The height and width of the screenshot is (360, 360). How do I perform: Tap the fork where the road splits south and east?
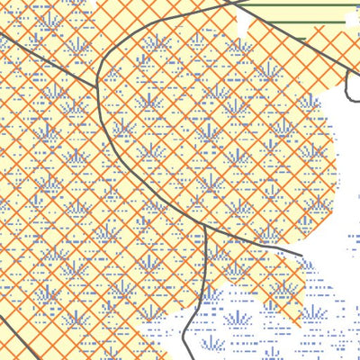pyautogui.click(x=206, y=224)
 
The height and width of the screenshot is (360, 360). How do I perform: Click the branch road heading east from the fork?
pyautogui.click(x=256, y=245)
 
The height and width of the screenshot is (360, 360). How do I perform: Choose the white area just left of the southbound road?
pyautogui.click(x=166, y=337)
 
